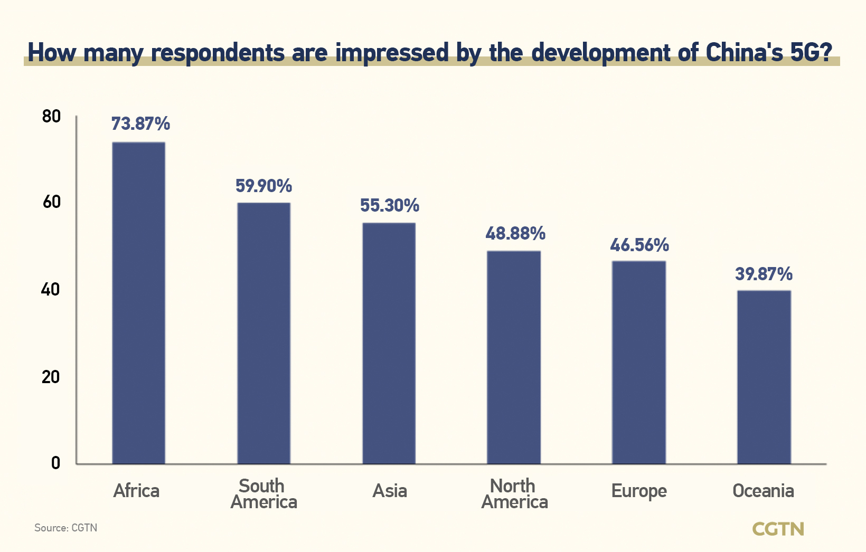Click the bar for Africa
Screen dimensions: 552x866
(x=138, y=303)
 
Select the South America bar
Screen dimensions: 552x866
(x=263, y=333)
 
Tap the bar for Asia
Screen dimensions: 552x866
(x=389, y=343)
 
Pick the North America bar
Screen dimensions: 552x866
(x=514, y=357)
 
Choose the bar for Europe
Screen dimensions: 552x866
(x=638, y=362)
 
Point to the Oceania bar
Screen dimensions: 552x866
(x=764, y=377)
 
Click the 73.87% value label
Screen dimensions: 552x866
(x=140, y=124)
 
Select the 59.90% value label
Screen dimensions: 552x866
(x=263, y=186)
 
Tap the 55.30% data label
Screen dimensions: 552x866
(x=390, y=205)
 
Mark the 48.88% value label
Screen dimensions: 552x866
(x=515, y=233)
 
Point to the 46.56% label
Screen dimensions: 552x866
(x=639, y=245)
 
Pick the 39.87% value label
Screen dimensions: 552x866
(x=764, y=274)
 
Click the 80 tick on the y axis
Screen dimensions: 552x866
(x=51, y=116)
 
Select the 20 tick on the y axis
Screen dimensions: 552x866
(x=51, y=377)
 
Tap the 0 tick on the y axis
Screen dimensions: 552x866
(x=55, y=463)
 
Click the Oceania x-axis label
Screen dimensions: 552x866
(x=763, y=491)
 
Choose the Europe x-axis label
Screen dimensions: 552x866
(x=639, y=491)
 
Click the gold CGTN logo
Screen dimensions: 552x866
(x=778, y=529)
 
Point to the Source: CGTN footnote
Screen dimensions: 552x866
(x=65, y=528)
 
